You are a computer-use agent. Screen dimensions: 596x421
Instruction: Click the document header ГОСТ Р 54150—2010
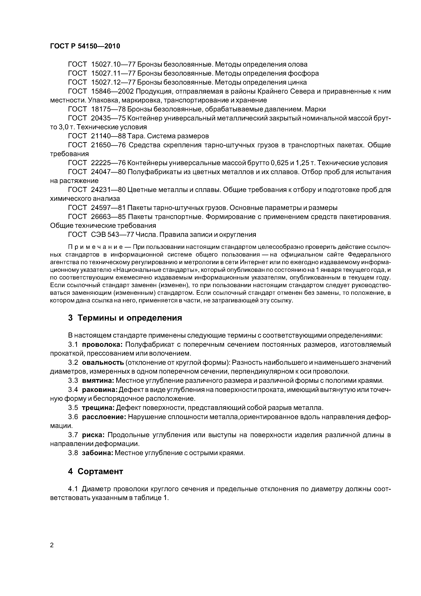point(85,46)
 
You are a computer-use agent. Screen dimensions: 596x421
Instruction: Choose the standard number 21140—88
point(109,136)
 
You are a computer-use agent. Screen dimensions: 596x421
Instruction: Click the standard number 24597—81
point(108,208)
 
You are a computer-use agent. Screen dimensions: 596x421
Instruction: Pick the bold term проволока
point(103,345)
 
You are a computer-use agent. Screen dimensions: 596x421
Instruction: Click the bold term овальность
point(103,363)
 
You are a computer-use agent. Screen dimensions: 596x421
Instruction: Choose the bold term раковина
point(100,390)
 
